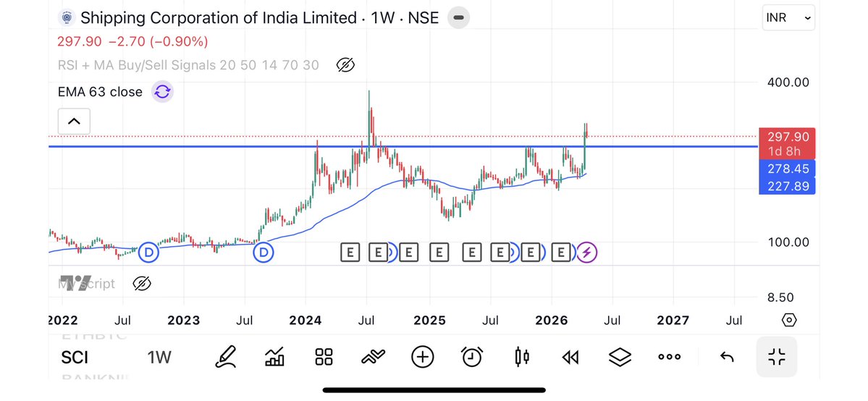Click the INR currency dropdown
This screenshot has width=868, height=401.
[788, 18]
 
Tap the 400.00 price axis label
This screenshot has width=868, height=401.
[788, 83]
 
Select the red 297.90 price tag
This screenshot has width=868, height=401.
[787, 137]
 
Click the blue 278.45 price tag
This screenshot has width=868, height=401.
[787, 169]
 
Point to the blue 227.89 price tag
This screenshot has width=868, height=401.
[787, 187]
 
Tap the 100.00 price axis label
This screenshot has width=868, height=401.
[788, 242]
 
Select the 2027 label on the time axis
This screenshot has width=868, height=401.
[673, 320]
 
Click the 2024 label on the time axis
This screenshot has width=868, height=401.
[305, 320]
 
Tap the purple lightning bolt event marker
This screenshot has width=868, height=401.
[586, 253]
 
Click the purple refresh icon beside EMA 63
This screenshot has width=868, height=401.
[162, 92]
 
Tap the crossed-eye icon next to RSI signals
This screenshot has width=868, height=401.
[346, 65]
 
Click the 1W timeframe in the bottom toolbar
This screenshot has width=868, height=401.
[159, 357]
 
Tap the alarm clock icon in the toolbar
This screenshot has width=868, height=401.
[473, 356]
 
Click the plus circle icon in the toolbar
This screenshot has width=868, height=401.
[422, 356]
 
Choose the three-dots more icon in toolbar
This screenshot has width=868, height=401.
[669, 357]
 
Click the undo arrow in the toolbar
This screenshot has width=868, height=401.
[727, 357]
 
